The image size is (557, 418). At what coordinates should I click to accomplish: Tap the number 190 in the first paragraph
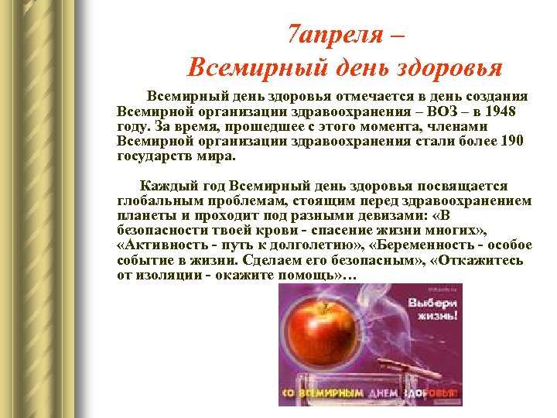(x=511, y=141)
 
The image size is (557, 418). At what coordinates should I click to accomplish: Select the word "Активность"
(x=162, y=245)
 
